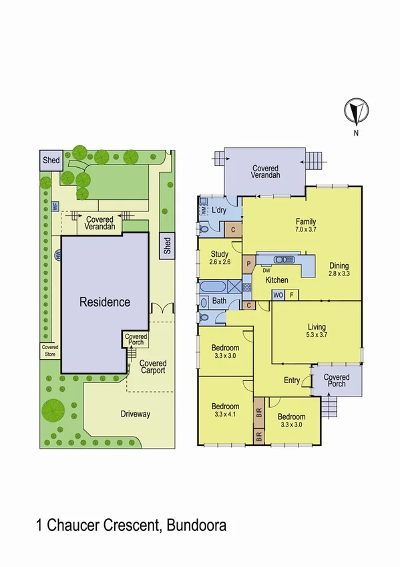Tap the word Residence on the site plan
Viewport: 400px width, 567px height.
[x=105, y=302]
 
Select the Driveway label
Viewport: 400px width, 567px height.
[x=136, y=414]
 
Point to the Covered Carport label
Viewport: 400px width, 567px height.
[x=152, y=367]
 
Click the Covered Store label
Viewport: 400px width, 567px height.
[x=50, y=350]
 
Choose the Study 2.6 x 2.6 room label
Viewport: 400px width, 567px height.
[x=220, y=257]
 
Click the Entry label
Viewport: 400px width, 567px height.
[x=292, y=380]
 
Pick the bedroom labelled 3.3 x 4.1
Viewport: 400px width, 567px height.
[x=225, y=410]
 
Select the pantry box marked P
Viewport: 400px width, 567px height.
[x=248, y=263]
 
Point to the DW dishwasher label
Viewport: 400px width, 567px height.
[x=266, y=270]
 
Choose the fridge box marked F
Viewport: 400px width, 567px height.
[x=292, y=295]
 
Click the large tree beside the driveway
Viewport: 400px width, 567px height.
[x=53, y=408]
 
